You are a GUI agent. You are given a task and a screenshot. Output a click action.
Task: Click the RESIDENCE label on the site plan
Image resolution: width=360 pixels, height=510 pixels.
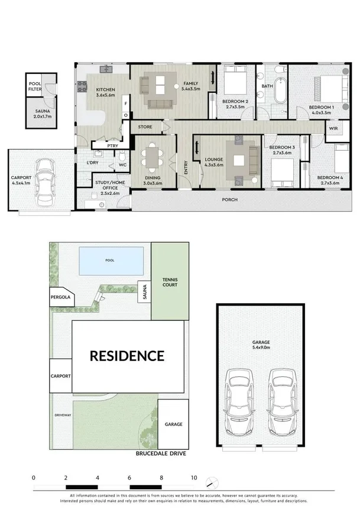[x=127, y=356]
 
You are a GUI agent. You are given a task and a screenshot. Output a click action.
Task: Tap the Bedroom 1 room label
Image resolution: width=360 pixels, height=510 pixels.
[x=322, y=107]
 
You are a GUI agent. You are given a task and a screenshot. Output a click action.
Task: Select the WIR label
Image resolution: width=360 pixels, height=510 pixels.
[x=333, y=127]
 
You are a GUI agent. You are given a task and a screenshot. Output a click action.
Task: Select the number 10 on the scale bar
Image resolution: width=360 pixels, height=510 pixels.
[x=194, y=477]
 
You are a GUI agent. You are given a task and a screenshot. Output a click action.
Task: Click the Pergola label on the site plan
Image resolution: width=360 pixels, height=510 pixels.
[x=60, y=298]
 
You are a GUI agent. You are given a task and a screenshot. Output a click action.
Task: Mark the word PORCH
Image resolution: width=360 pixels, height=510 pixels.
[x=229, y=200]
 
